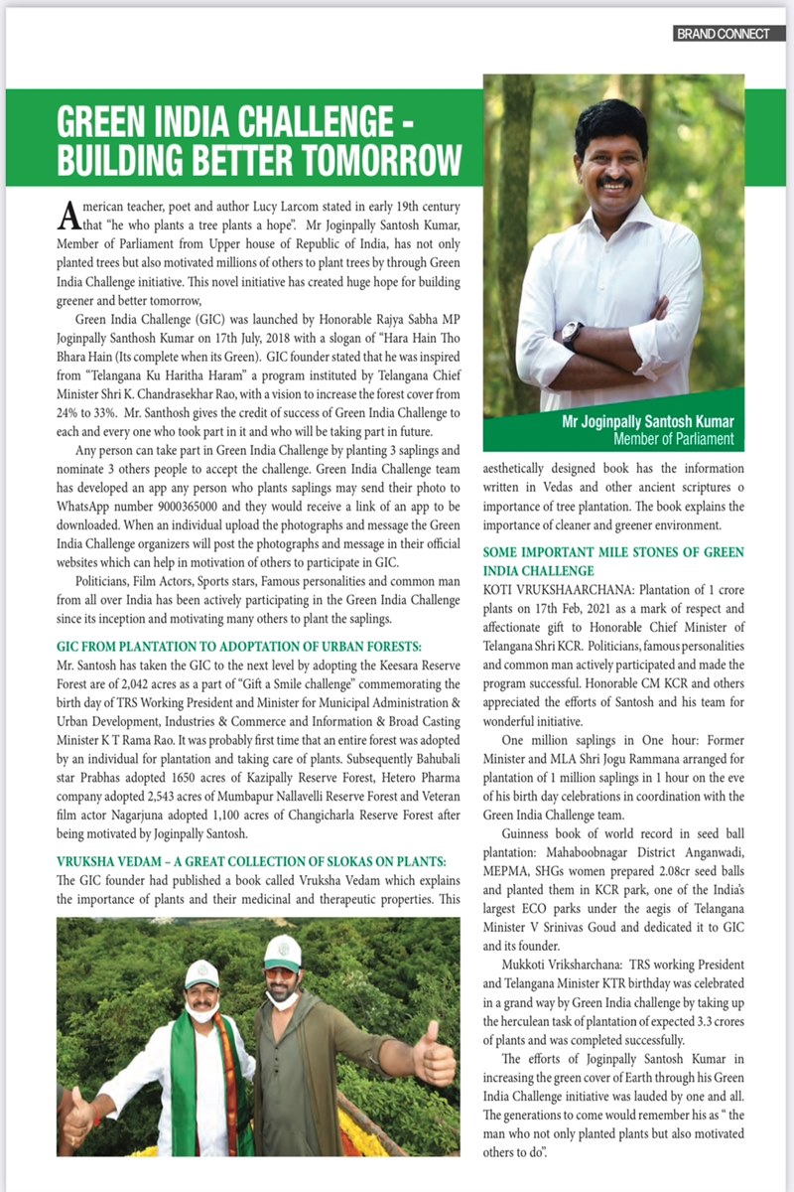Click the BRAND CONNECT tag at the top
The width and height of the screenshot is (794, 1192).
click(x=724, y=33)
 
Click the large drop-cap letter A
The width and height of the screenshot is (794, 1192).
click(x=67, y=214)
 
